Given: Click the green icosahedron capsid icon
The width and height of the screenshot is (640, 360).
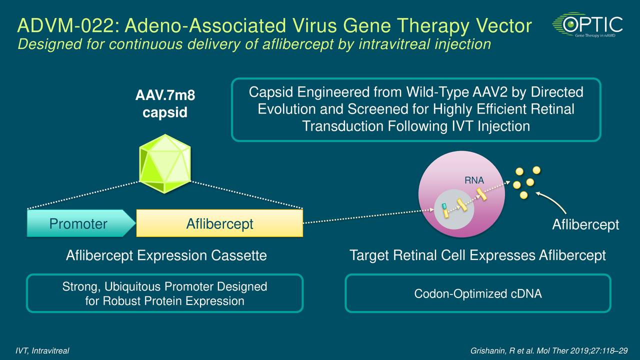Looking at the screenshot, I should (165, 163).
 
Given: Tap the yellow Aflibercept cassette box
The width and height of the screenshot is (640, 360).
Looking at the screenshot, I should (219, 223).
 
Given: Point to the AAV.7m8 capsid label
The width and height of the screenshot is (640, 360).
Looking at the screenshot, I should (165, 104).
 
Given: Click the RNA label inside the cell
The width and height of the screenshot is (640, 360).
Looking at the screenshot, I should (474, 180).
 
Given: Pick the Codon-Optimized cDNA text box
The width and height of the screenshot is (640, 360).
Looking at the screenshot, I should (477, 294).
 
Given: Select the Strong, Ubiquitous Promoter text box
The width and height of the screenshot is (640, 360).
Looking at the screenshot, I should (164, 294).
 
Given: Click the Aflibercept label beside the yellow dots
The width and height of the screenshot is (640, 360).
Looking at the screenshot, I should (585, 225).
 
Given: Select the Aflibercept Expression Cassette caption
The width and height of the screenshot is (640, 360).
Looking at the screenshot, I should (166, 256).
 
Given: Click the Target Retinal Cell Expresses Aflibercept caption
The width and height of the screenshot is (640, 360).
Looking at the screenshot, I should (477, 256).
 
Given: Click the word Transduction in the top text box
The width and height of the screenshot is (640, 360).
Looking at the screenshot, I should (343, 126).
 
